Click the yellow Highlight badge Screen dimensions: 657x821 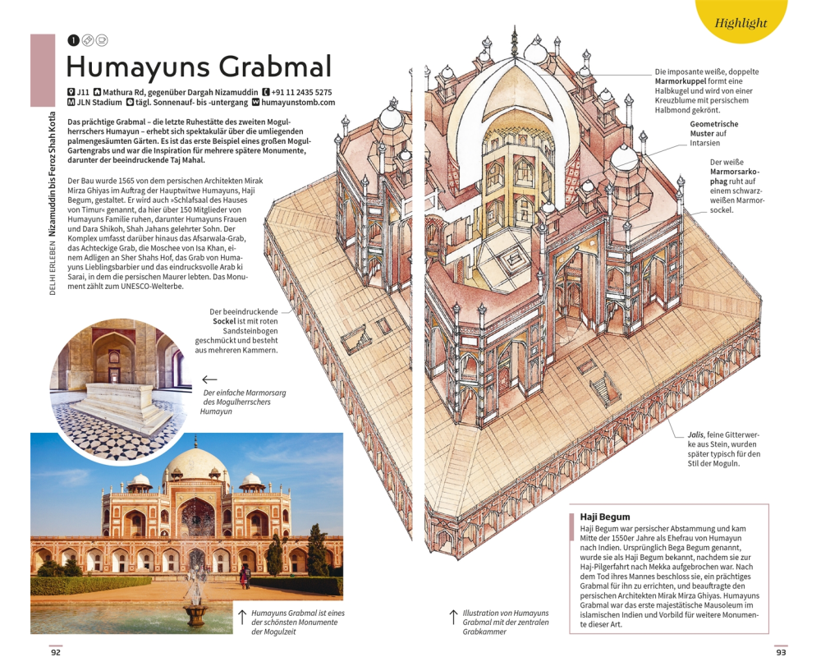coord(741,22)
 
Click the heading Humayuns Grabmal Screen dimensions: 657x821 coord(199,67)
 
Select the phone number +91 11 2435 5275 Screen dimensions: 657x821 coord(301,92)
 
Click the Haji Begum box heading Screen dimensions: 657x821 coord(605,517)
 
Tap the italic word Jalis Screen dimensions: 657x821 coord(698,434)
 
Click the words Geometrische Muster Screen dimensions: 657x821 coord(713,129)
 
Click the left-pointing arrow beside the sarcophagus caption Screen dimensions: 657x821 coord(209,379)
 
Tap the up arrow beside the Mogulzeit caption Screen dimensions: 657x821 coord(242,617)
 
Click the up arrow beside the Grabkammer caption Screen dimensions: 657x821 coord(452,617)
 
